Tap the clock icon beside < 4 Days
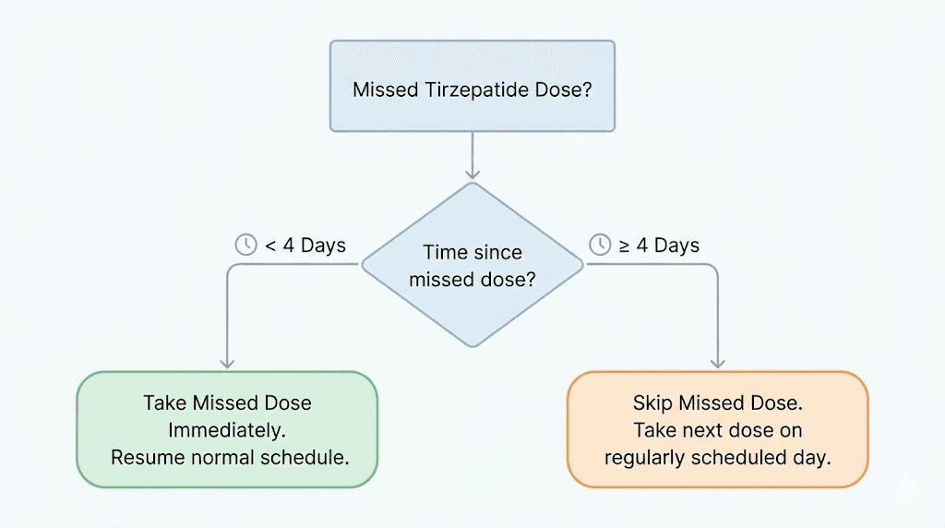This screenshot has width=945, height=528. click(246, 245)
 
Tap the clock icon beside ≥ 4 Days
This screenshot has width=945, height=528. click(600, 245)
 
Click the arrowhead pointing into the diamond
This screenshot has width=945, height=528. click(472, 173)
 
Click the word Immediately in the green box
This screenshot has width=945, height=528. click(227, 430)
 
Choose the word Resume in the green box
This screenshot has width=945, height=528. click(145, 457)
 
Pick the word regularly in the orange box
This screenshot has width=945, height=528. click(642, 457)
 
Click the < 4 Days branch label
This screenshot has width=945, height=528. click(305, 246)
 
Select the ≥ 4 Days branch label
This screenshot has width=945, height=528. click(656, 246)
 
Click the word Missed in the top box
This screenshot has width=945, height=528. click(384, 90)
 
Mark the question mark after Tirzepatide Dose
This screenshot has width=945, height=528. click(587, 90)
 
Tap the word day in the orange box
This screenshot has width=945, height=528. click(813, 457)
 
